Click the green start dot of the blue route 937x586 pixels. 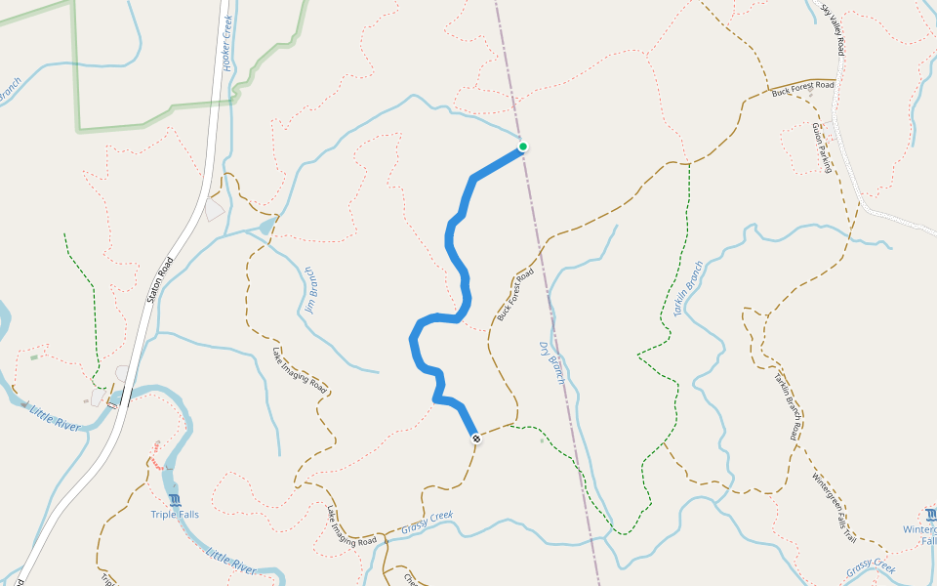tap(523, 146)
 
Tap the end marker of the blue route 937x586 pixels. tap(476, 439)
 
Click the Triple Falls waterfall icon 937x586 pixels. tap(175, 500)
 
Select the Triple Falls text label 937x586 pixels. tap(175, 515)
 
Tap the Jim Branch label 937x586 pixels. tap(311, 289)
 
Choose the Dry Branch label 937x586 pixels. tap(552, 362)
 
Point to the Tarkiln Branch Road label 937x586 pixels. tap(789, 401)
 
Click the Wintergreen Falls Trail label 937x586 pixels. tap(835, 508)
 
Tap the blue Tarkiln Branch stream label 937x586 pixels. tap(688, 288)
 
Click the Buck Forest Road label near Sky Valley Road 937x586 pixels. tap(802, 88)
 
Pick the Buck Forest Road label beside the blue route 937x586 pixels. tap(515, 295)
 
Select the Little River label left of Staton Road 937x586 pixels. tap(55, 417)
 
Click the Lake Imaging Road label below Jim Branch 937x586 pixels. tap(300, 369)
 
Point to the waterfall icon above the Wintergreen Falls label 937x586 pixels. tap(930, 514)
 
